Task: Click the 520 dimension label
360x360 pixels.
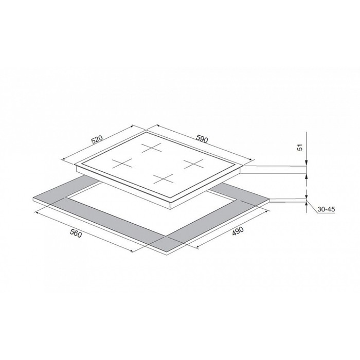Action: (98, 139)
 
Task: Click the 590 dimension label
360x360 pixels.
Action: (202, 139)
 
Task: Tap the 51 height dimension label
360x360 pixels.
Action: (300, 148)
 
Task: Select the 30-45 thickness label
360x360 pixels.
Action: (326, 209)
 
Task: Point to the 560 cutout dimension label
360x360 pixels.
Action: (76, 233)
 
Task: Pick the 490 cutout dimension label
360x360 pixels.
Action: (238, 231)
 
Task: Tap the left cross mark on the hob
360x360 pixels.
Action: (122, 164)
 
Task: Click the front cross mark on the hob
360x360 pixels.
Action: (164, 179)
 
